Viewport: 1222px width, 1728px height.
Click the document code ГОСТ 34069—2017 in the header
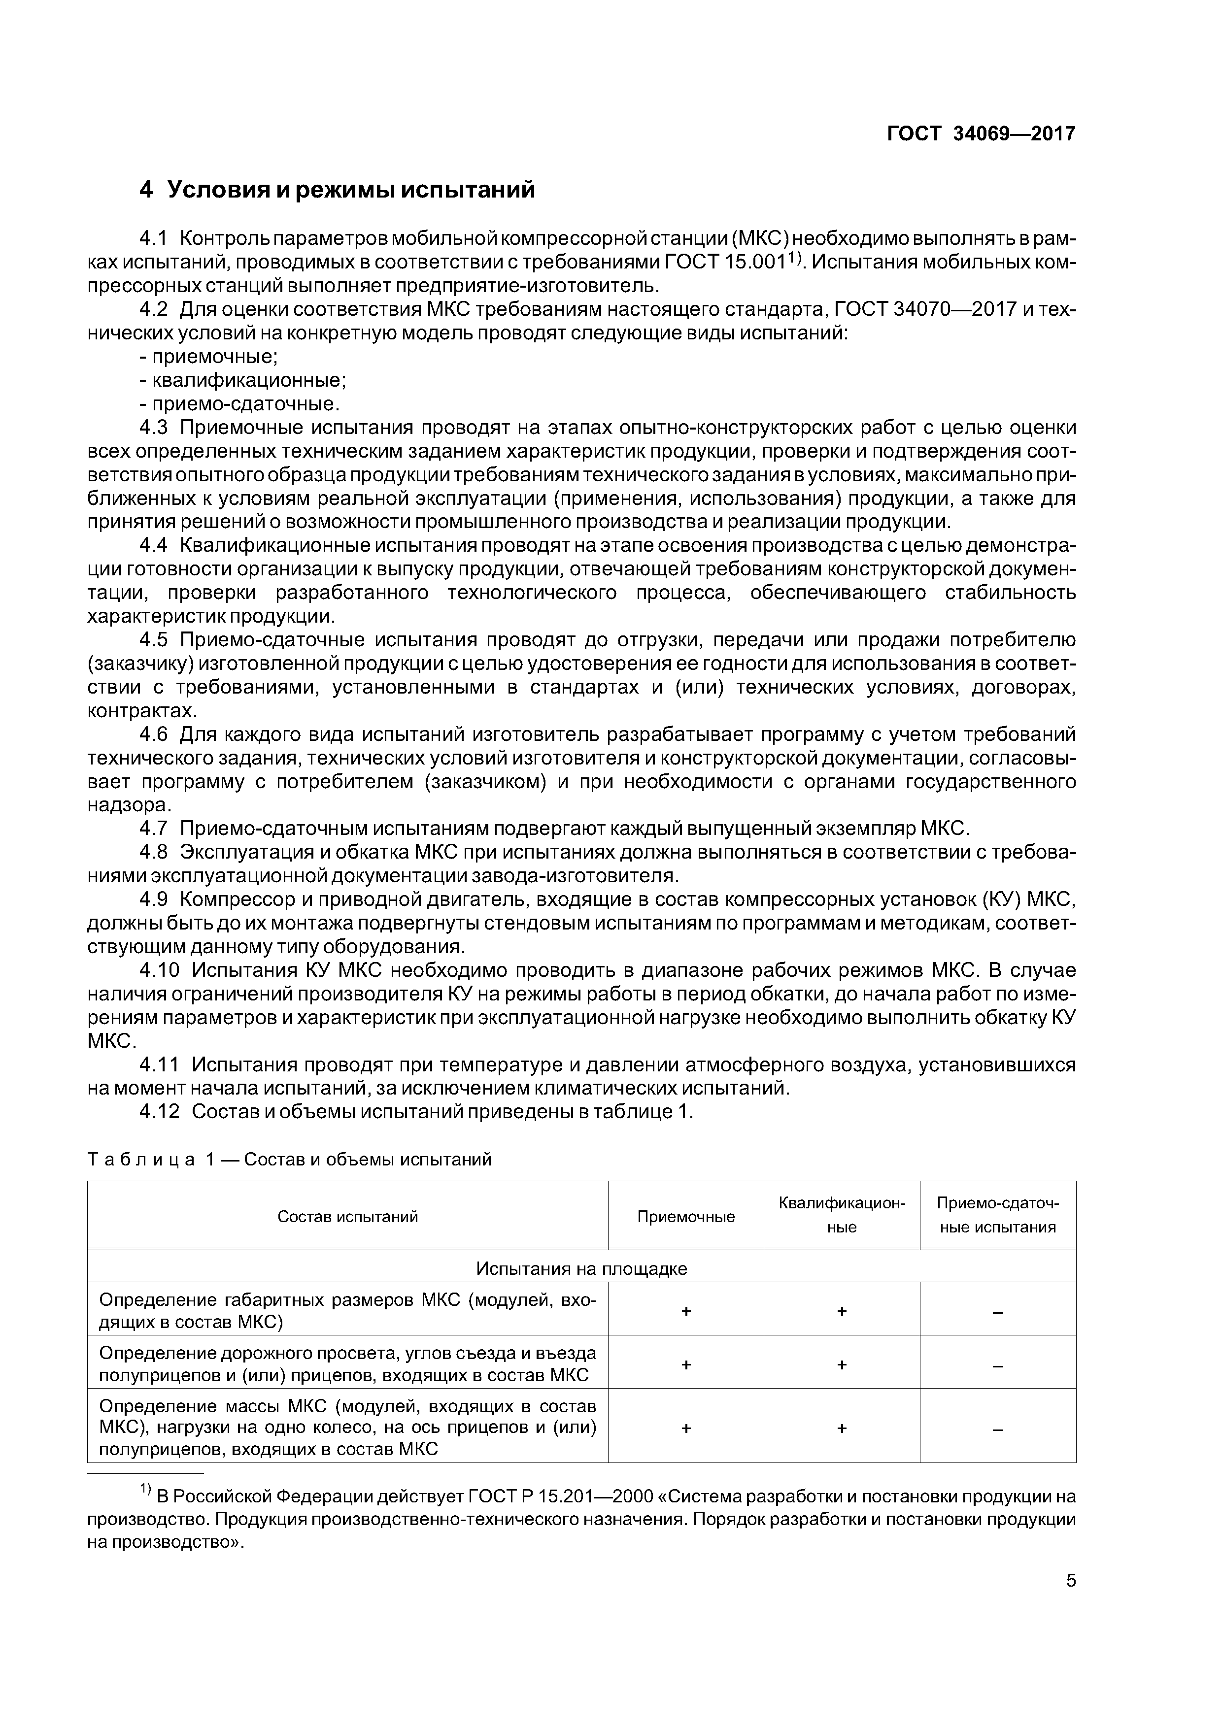point(981,134)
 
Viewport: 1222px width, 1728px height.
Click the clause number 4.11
point(160,1065)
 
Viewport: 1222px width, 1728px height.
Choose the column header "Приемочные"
point(685,1217)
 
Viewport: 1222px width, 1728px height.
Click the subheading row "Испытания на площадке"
point(581,1269)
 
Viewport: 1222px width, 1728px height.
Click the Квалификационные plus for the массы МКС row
point(841,1429)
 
